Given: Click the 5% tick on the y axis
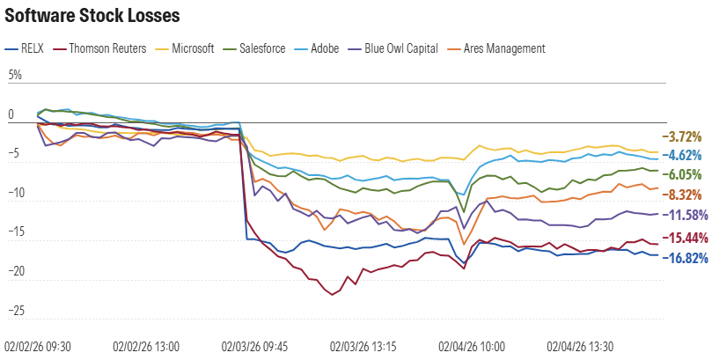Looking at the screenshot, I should point(15,77).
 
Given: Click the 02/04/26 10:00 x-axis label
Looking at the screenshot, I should point(471,347).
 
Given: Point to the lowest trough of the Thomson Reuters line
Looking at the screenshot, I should point(332,295).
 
